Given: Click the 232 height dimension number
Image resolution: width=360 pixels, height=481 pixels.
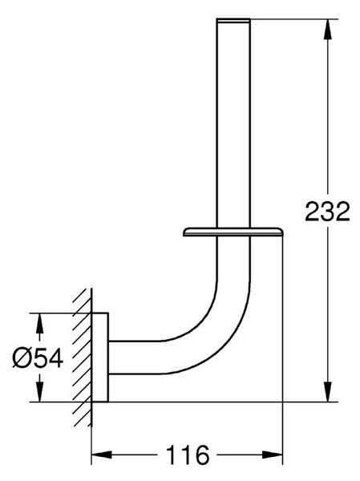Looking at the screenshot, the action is [x=327, y=212].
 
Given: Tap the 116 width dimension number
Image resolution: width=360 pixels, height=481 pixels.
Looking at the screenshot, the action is [x=187, y=455].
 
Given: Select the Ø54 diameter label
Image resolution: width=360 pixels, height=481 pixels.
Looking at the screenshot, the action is [x=38, y=358].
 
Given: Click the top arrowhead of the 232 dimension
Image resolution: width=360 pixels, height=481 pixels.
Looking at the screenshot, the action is [x=328, y=29].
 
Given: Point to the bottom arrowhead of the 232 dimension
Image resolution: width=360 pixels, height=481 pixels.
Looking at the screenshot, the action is [x=328, y=392].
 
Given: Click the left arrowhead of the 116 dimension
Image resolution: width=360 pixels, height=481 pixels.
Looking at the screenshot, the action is [x=102, y=455].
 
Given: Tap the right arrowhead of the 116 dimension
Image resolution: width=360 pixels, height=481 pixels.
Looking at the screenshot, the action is [x=273, y=455].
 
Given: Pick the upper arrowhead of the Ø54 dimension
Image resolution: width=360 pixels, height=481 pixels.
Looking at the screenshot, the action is [x=39, y=323].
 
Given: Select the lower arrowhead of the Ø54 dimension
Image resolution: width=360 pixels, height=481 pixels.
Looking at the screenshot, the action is [x=39, y=392].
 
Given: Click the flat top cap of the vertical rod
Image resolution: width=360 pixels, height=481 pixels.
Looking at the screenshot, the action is [x=233, y=20].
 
